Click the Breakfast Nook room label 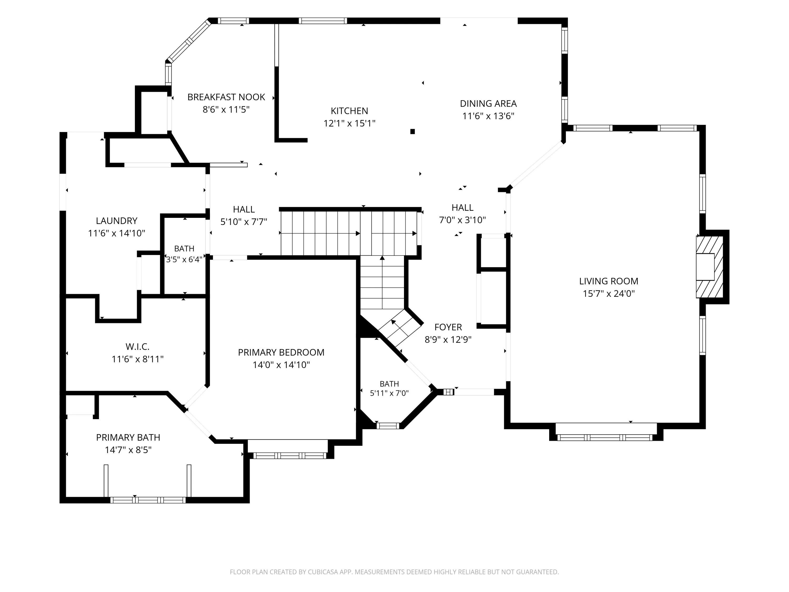pos(226,97)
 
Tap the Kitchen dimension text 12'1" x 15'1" pos(349,123)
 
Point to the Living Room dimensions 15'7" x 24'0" pos(609,294)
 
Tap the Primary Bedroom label pos(281,352)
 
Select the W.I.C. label pos(137,347)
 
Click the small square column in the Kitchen pos(412,131)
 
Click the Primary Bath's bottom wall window pos(148,500)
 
